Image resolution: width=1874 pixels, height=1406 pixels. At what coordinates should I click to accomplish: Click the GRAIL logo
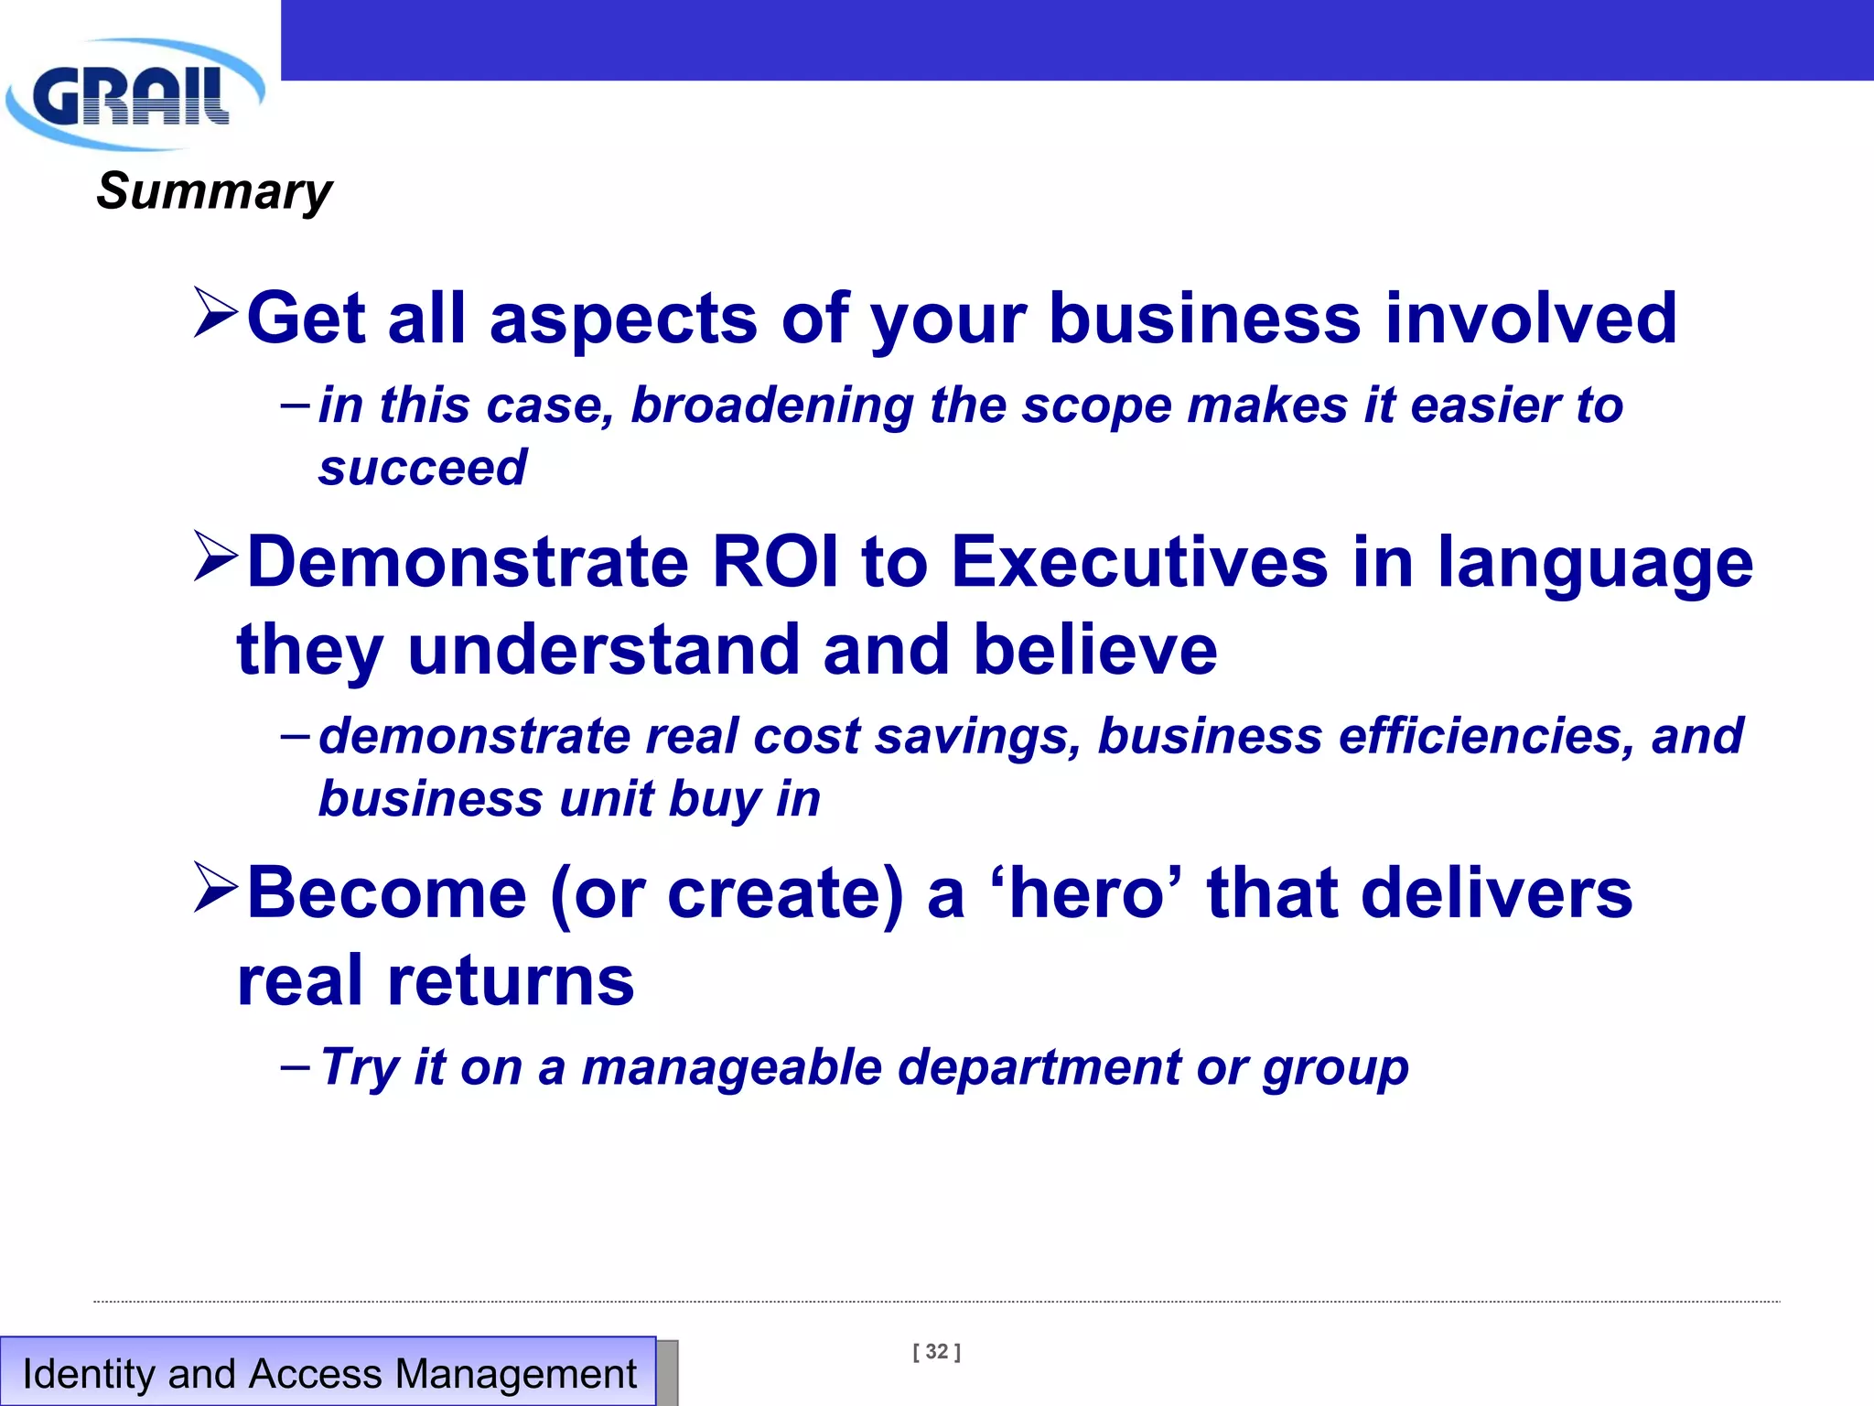[x=133, y=94]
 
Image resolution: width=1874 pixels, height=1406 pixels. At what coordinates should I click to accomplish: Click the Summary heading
[x=214, y=191]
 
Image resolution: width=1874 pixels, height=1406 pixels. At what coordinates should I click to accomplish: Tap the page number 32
[x=936, y=1352]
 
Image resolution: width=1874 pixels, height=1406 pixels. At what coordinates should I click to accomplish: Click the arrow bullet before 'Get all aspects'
[x=216, y=313]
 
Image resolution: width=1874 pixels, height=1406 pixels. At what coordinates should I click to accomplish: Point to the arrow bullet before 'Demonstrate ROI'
[x=216, y=557]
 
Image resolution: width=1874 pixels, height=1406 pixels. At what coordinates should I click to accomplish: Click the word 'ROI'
[x=774, y=561]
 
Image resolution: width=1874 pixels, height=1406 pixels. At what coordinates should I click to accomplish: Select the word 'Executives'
[x=1139, y=561]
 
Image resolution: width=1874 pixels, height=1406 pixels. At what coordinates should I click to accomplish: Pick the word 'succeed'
[x=422, y=468]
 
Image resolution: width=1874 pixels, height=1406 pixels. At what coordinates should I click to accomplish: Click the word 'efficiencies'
[x=1485, y=736]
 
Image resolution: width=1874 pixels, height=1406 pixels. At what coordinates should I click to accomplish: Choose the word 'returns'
[x=510, y=980]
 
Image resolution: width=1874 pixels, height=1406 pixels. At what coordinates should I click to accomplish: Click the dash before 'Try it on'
[x=295, y=1066]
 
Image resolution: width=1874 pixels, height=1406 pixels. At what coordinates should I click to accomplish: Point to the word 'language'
[x=1594, y=563]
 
